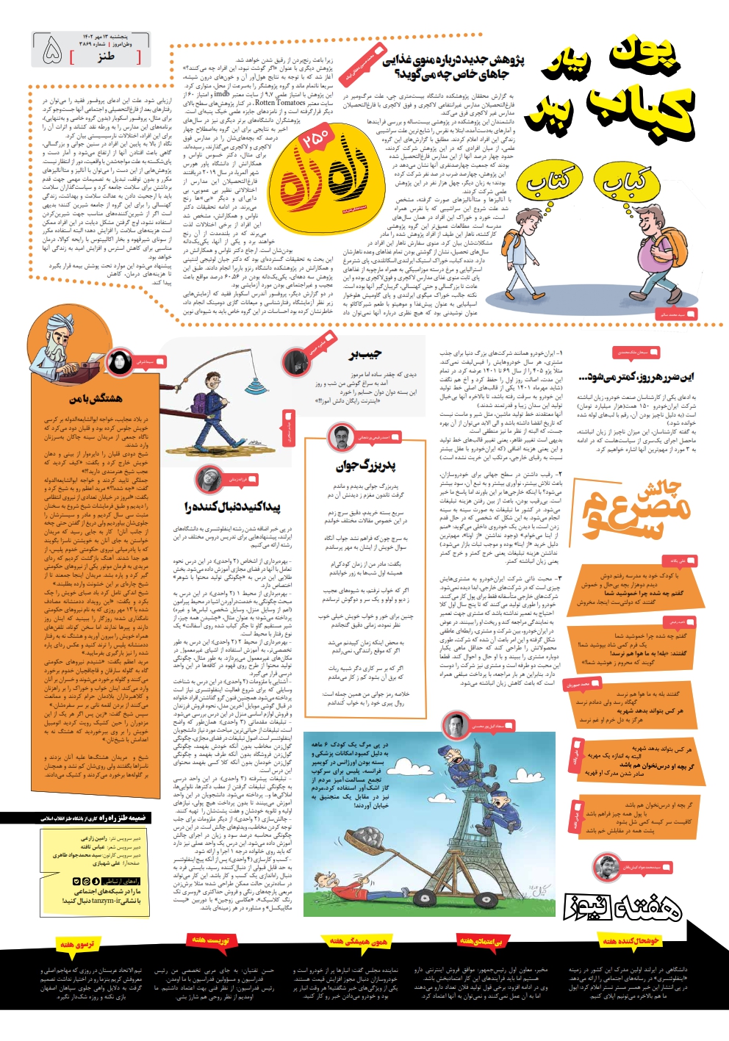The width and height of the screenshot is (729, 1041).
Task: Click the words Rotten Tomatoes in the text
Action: pyautogui.click(x=281, y=103)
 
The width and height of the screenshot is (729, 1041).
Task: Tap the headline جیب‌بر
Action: pyautogui.click(x=365, y=355)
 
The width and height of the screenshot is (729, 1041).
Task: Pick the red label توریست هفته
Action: pyautogui.click(x=211, y=940)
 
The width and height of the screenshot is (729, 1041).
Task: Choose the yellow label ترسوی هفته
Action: pyautogui.click(x=76, y=943)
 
